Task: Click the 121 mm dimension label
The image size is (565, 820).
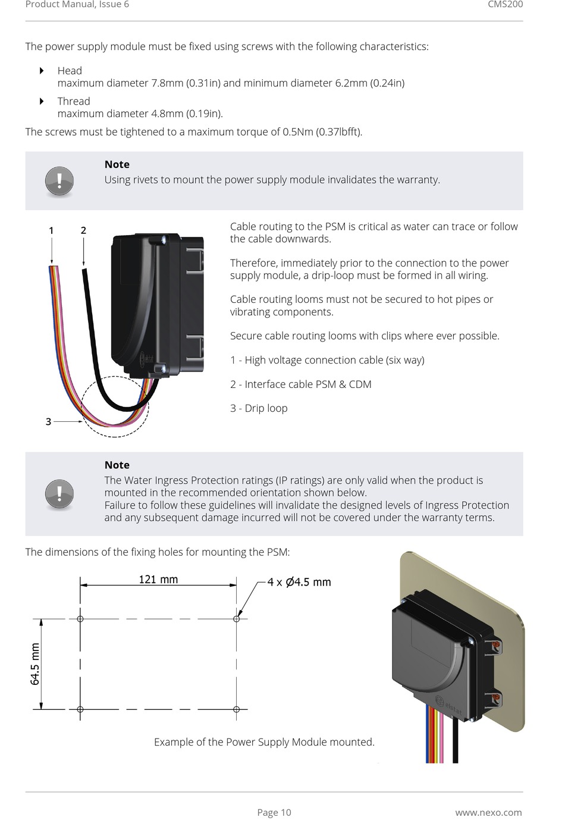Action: tap(158, 579)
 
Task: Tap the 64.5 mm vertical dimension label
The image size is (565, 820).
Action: tap(35, 664)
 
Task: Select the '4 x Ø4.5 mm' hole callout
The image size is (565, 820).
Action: tap(299, 582)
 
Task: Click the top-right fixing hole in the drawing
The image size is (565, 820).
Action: tap(236, 619)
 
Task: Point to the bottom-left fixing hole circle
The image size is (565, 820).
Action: tap(80, 709)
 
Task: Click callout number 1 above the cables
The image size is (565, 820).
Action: tap(51, 230)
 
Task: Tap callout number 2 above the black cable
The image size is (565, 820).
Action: tap(83, 230)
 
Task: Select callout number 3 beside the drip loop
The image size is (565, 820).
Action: tap(49, 421)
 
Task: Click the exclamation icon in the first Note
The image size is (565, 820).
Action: tap(59, 180)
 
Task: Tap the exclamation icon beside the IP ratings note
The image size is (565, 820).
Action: tap(59, 494)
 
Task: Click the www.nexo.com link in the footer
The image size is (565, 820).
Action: tap(488, 812)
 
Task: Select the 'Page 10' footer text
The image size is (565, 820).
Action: tap(274, 812)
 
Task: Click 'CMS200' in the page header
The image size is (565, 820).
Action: tap(505, 5)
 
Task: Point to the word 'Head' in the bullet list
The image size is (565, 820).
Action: tap(70, 71)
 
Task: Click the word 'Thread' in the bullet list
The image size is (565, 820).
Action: tap(74, 101)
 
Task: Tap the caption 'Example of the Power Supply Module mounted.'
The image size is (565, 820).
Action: tap(264, 742)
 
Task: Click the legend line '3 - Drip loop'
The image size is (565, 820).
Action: tap(259, 408)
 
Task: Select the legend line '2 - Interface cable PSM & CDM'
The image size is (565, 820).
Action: tap(300, 384)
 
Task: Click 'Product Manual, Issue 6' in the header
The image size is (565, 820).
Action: tap(77, 5)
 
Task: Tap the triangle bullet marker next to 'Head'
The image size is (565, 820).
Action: tap(42, 71)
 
